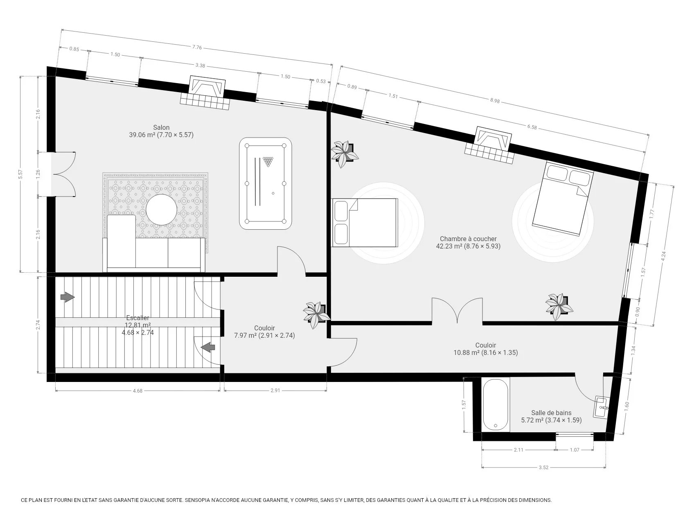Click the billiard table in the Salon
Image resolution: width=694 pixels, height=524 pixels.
point(266,184)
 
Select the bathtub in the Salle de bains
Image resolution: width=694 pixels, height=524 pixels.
point(496,404)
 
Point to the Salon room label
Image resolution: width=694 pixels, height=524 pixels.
point(161,127)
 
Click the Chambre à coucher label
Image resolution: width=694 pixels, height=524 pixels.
point(468,239)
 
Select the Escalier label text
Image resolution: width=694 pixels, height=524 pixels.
point(137,318)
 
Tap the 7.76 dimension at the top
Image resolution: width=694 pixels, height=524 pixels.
point(197,47)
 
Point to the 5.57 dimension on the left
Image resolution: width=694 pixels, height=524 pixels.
point(20,174)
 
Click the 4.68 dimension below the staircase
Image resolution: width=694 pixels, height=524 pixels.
point(137,391)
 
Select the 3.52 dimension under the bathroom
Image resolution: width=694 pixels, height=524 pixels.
point(543,467)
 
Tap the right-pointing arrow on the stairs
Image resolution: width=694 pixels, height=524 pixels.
point(68,297)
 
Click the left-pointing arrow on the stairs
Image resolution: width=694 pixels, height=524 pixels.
point(208,348)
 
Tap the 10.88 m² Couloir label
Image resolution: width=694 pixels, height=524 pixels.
point(486,349)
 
